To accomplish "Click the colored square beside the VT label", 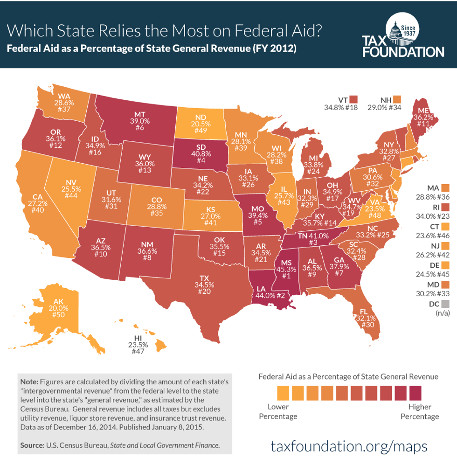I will tap(354, 99).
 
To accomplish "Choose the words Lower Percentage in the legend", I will tap(282, 411).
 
